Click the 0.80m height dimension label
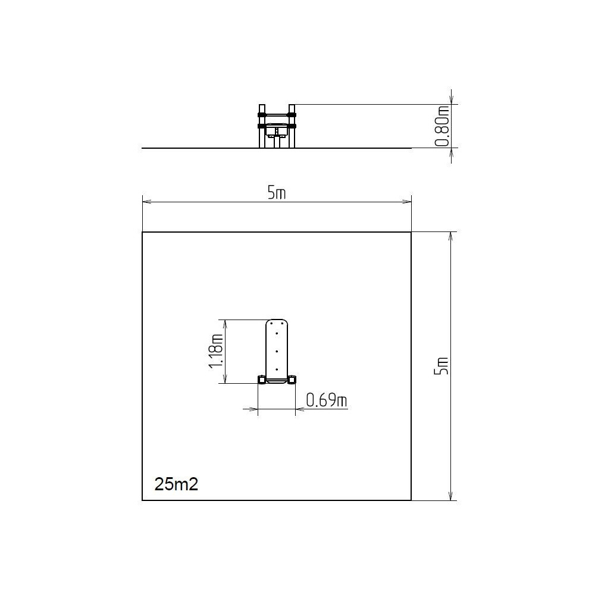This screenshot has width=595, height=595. point(443,126)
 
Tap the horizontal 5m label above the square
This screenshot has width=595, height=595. point(276,193)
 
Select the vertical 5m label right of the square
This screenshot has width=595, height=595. point(441,366)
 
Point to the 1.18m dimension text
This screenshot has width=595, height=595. point(215,351)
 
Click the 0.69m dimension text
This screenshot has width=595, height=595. point(326,400)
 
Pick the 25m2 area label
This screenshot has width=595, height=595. point(176,484)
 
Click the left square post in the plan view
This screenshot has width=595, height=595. point(261,380)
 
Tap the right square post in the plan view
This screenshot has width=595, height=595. point(292,380)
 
